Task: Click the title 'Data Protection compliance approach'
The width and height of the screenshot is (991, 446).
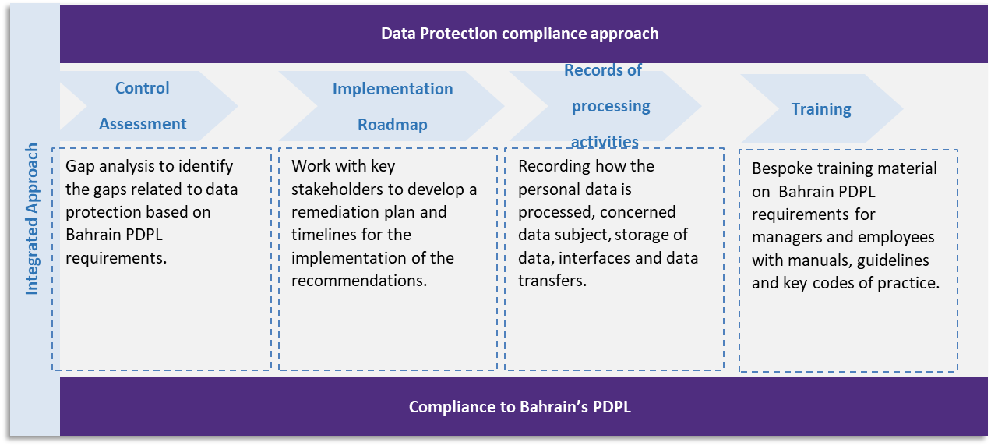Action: click(x=520, y=34)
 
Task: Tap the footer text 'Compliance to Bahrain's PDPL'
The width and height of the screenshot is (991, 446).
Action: click(x=520, y=406)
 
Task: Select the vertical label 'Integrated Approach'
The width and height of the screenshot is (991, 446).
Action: click(x=32, y=219)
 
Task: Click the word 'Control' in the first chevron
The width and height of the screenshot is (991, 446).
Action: click(x=143, y=87)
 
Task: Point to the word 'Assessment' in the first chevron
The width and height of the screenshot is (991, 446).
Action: click(x=143, y=123)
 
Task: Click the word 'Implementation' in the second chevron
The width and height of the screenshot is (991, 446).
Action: click(x=393, y=89)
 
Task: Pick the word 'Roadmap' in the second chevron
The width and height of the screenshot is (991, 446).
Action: click(x=393, y=125)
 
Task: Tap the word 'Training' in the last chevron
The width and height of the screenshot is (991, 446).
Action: click(x=821, y=109)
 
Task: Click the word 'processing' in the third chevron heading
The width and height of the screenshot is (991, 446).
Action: click(x=611, y=106)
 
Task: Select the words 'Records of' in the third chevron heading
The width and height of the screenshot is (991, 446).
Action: click(x=603, y=70)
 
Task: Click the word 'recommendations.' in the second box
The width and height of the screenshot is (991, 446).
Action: click(x=359, y=281)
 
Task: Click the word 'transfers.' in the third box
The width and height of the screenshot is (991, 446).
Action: click(x=552, y=281)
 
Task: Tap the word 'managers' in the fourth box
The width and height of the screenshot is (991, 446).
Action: click(x=787, y=238)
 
